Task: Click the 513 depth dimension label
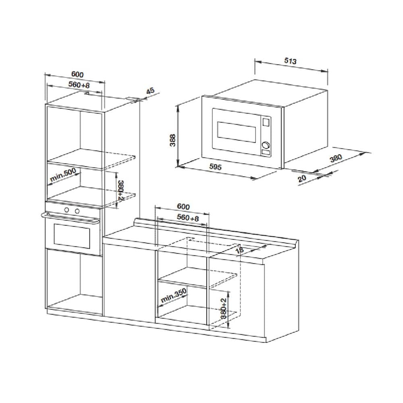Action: [x=291, y=61]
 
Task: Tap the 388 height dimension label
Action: [x=173, y=140]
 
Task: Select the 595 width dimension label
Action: [x=215, y=167]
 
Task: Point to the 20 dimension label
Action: [x=302, y=178]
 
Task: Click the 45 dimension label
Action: [x=150, y=91]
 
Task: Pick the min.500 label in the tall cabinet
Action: [x=63, y=175]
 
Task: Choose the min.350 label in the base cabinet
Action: [x=173, y=295]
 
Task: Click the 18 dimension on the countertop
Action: [x=239, y=250]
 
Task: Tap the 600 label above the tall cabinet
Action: [x=77, y=74]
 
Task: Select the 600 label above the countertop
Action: [x=183, y=206]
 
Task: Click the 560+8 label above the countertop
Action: [x=188, y=218]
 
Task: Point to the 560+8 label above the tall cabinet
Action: [x=79, y=84]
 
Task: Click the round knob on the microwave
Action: [x=266, y=145]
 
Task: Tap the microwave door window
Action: [x=237, y=132]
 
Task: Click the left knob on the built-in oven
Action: [x=66, y=210]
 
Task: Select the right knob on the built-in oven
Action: [x=77, y=211]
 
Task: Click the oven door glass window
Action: [x=72, y=236]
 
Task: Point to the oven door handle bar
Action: [x=70, y=217]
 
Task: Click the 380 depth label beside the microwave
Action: [x=336, y=158]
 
